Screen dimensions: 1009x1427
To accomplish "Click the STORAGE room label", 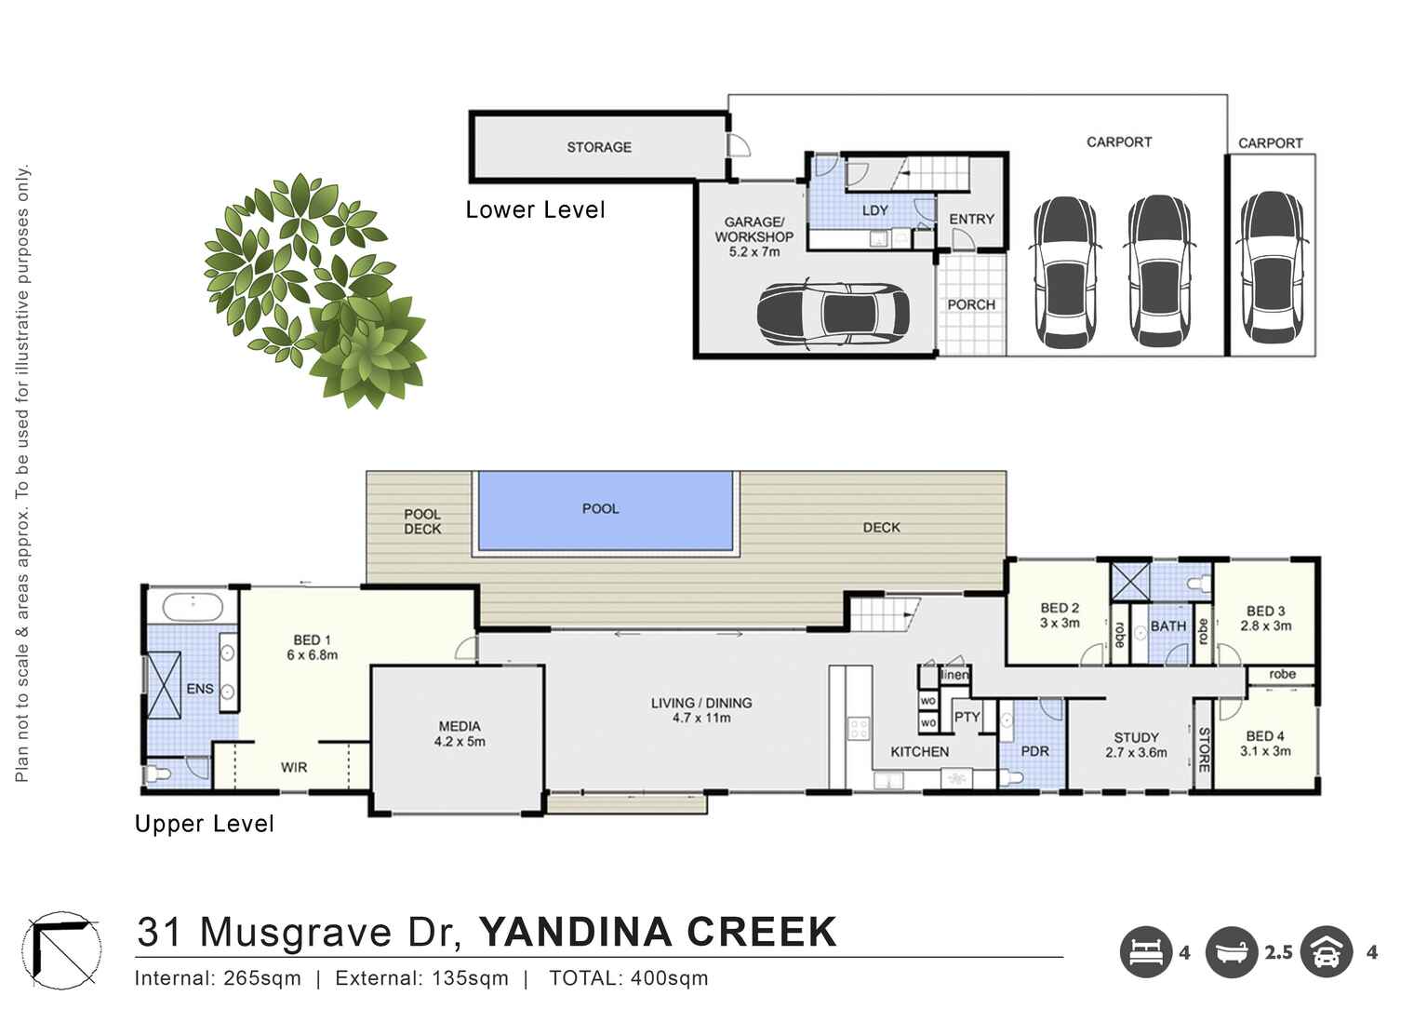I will [x=598, y=147].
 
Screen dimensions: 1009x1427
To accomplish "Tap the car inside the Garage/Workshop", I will [x=832, y=314].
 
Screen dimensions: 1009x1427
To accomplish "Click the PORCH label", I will [x=970, y=304].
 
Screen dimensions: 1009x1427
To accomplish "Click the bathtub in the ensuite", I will [x=192, y=608].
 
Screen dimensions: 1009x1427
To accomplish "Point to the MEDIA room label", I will [x=459, y=726].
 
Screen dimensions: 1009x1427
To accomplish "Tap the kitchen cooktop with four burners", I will [x=858, y=728].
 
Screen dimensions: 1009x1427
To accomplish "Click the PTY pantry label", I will [x=967, y=717].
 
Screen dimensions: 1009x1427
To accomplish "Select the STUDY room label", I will [x=1136, y=737].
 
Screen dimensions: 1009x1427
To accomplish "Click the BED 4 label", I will [x=1264, y=735].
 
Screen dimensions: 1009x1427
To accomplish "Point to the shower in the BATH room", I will [x=1130, y=584].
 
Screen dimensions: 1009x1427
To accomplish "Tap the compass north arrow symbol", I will [x=62, y=949].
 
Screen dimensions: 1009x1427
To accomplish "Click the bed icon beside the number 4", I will [x=1145, y=952].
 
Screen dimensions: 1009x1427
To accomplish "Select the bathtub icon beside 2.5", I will [x=1232, y=952].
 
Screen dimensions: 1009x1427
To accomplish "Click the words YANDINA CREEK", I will [x=657, y=932].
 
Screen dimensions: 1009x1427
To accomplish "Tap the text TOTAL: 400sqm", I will [x=628, y=978].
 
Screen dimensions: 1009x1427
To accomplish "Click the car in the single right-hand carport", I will [x=1270, y=268].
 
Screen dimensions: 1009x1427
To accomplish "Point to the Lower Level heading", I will [x=535, y=210].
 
